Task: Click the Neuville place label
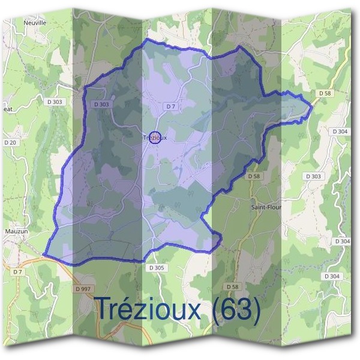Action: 35,22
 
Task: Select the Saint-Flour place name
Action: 266,207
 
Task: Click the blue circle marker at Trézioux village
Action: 155,137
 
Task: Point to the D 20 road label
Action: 10,142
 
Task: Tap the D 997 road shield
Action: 83,289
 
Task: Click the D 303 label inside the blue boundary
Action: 102,104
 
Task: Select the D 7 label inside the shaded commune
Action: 171,106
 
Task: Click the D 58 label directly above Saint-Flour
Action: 253,176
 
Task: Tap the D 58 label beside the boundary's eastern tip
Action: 325,93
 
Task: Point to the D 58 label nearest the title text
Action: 232,286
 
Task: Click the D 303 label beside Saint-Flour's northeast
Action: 313,176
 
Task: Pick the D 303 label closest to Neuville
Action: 54,103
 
